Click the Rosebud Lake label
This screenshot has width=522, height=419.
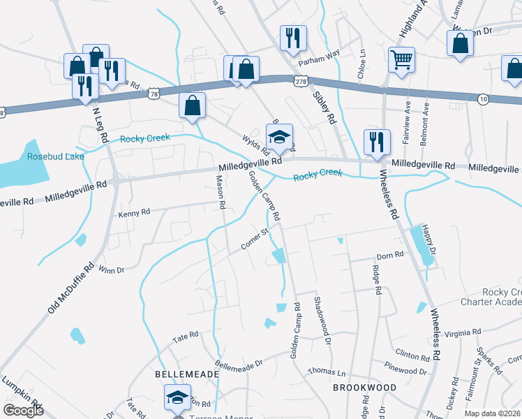[x=55, y=156]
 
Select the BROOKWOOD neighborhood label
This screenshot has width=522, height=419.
[x=364, y=387]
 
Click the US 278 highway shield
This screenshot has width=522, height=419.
[x=301, y=82]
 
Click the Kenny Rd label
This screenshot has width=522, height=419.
[x=134, y=212]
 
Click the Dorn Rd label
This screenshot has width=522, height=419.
[x=390, y=256]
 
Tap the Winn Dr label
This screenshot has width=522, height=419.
[x=112, y=270]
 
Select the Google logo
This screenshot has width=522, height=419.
[x=24, y=411]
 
